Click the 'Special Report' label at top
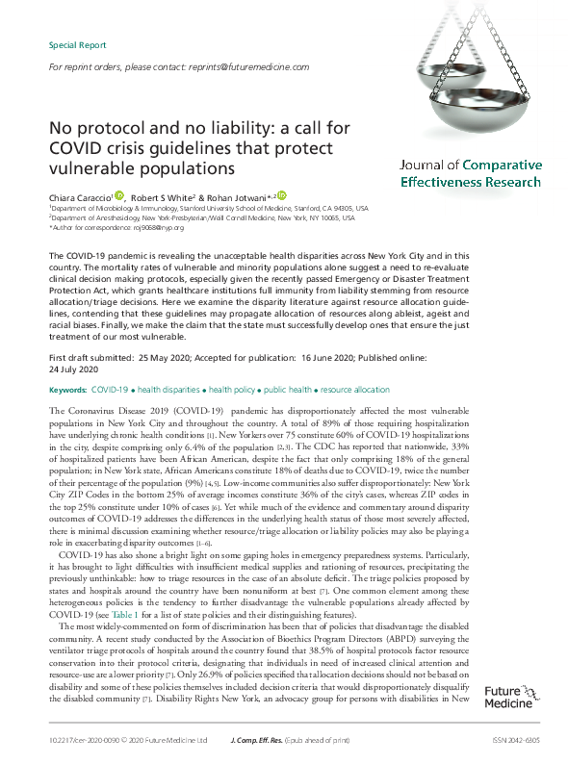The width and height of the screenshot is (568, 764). click(76, 45)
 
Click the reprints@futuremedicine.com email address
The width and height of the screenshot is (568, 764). click(246, 67)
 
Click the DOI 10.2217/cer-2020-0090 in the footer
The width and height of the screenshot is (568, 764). click(86, 741)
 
